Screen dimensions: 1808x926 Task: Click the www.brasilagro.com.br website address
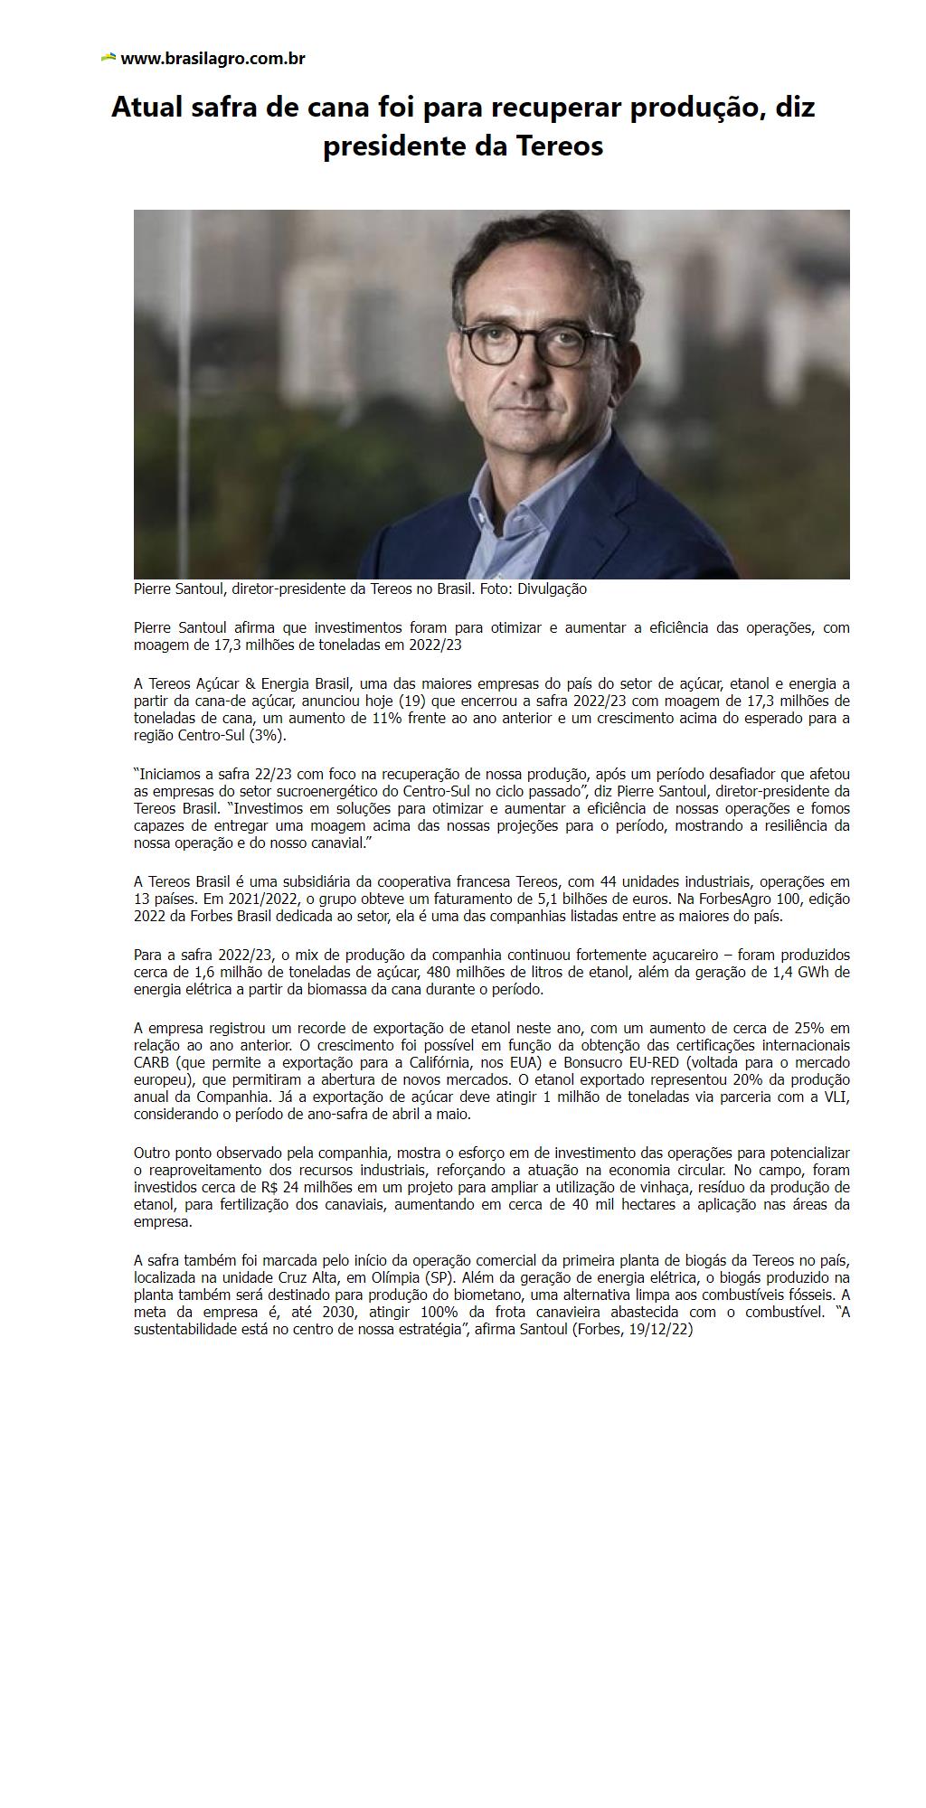pos(213,59)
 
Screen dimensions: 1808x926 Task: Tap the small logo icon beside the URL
pos(109,58)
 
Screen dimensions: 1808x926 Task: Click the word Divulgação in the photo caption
pos(552,589)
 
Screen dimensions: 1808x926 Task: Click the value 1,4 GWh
pos(817,973)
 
